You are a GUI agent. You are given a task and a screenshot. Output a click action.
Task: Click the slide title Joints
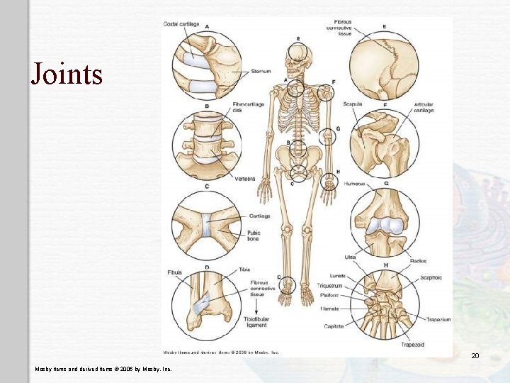(x=67, y=74)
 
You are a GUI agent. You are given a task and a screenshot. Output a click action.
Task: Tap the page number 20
(x=475, y=355)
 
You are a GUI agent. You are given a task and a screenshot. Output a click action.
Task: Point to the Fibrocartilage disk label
(x=246, y=107)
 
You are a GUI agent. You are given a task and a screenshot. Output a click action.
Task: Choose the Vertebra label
(x=245, y=179)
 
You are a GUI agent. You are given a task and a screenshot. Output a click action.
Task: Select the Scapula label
(x=352, y=104)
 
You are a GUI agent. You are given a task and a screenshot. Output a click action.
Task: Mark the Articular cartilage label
(x=424, y=107)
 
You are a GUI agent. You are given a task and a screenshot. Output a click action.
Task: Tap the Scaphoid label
(x=432, y=278)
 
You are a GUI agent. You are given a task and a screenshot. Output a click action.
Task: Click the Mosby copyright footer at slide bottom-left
(x=103, y=369)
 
